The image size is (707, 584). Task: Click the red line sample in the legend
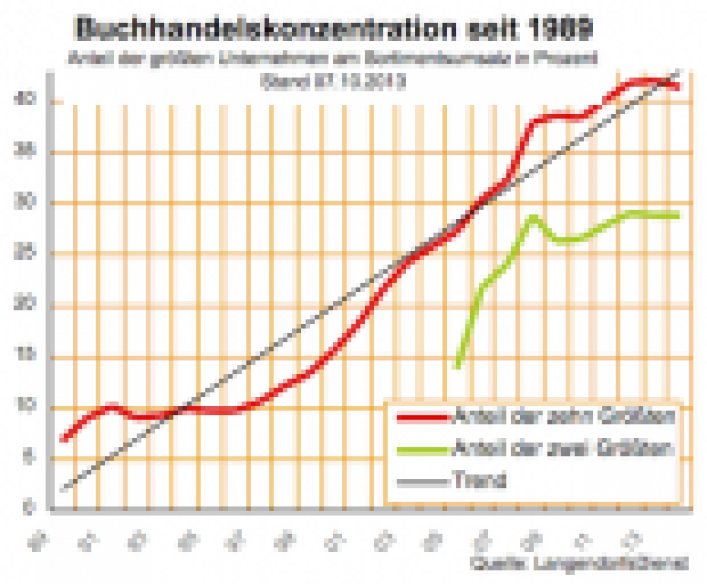[x=422, y=418]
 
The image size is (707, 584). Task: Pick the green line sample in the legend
[x=422, y=449]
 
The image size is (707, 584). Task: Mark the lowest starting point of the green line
[x=457, y=367]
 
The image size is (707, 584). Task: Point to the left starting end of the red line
[x=63, y=440]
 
